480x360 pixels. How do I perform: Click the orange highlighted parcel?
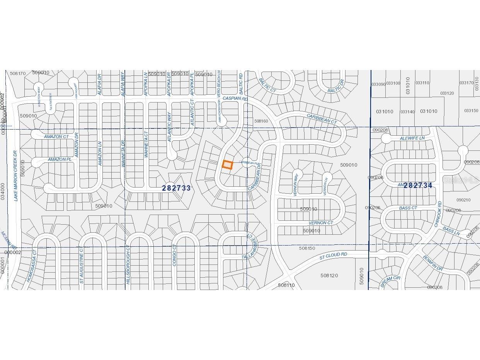[x=227, y=165]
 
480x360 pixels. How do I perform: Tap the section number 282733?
[x=176, y=188]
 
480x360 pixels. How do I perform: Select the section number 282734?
[x=418, y=185]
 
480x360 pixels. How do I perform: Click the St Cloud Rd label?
[x=333, y=255]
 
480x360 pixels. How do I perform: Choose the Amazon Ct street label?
[x=56, y=136]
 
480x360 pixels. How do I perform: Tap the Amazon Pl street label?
[x=60, y=159]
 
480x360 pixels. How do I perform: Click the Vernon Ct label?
[x=320, y=223]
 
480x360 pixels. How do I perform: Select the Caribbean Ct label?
[x=322, y=118]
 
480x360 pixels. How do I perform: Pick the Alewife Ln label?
[x=412, y=138]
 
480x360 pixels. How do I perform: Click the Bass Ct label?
[x=408, y=208]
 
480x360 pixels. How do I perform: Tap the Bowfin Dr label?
[x=432, y=263]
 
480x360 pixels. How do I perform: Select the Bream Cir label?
[x=391, y=281]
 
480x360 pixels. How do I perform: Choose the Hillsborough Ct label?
[x=128, y=270]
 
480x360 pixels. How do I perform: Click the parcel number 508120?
[x=329, y=275]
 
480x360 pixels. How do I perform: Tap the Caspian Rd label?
[x=235, y=99]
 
